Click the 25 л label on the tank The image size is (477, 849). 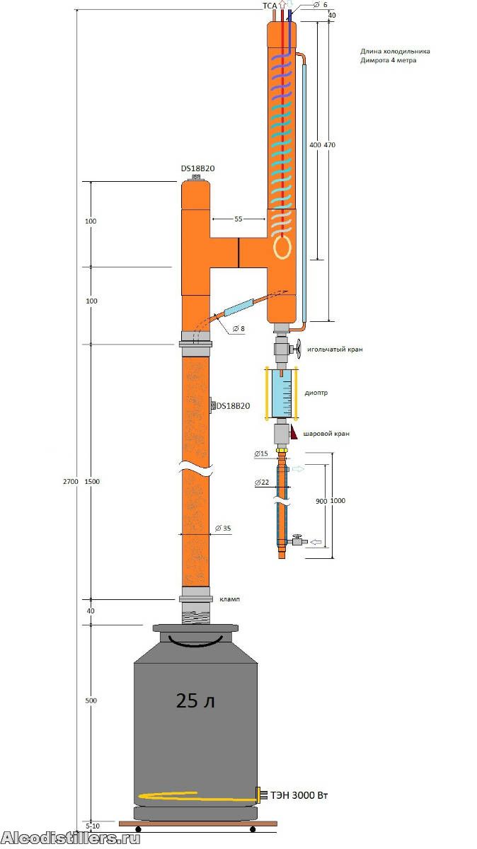pyautogui.click(x=195, y=700)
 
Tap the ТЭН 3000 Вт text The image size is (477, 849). pyautogui.click(x=299, y=795)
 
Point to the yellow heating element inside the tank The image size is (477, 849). pyautogui.click(x=197, y=796)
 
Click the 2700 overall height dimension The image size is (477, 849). pyautogui.click(x=71, y=481)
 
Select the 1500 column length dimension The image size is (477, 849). pyautogui.click(x=92, y=481)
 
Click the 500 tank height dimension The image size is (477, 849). pyautogui.click(x=91, y=700)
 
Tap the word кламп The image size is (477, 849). pyautogui.click(x=230, y=599)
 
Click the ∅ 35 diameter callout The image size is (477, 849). pyautogui.click(x=223, y=528)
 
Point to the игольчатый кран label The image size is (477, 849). pyautogui.click(x=335, y=350)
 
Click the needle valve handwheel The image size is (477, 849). pyautogui.click(x=299, y=350)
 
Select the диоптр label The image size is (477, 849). pyautogui.click(x=316, y=393)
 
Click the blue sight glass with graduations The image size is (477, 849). pyautogui.click(x=282, y=393)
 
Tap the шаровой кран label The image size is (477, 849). pyautogui.click(x=326, y=433)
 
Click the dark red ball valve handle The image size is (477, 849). pyautogui.click(x=294, y=432)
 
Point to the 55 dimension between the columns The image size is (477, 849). pyautogui.click(x=238, y=219)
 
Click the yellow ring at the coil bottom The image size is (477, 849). pyautogui.click(x=282, y=248)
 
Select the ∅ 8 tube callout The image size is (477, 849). pyautogui.click(x=239, y=328)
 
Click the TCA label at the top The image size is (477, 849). pyautogui.click(x=270, y=6)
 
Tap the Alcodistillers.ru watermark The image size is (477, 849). pyautogui.click(x=71, y=838)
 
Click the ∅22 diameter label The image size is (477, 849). pyautogui.click(x=262, y=482)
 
